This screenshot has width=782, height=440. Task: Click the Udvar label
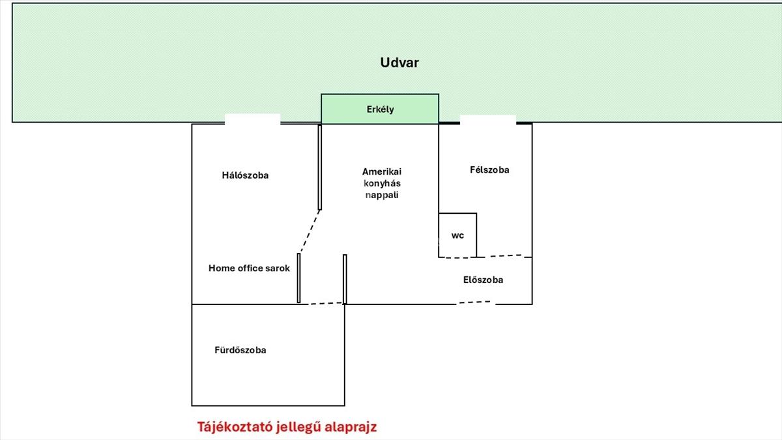(x=399, y=63)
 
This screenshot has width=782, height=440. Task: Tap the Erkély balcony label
(x=380, y=110)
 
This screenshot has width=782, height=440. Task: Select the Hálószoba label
(x=245, y=175)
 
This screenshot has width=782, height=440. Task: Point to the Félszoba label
(x=489, y=170)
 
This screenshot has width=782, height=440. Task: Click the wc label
(x=458, y=235)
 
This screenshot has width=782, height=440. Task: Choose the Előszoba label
(x=483, y=280)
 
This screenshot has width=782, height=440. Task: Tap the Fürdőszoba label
(x=240, y=350)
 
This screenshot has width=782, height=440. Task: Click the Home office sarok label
(x=249, y=268)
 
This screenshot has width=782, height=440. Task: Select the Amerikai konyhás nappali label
(x=382, y=183)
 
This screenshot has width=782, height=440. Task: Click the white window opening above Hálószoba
(x=252, y=119)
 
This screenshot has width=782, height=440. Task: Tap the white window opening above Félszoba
(x=488, y=120)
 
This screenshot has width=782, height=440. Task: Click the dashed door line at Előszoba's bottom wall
(x=475, y=302)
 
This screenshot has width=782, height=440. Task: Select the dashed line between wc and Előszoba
(x=504, y=256)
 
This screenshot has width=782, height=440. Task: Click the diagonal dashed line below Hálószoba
(x=310, y=231)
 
